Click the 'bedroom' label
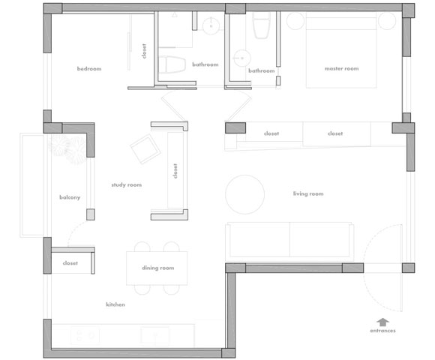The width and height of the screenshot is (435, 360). [x=89, y=68]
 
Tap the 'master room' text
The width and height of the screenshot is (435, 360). [x=341, y=68]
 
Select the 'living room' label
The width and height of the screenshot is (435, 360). [x=308, y=193]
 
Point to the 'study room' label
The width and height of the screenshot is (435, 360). [x=127, y=184]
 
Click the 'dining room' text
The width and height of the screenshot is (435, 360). [x=157, y=268]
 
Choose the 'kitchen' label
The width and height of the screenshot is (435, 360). [x=115, y=304]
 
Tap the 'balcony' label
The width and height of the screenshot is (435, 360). [x=70, y=197]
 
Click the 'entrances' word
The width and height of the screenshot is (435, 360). [x=382, y=331]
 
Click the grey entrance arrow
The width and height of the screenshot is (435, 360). [x=382, y=322]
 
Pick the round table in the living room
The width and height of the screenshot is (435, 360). [x=244, y=194]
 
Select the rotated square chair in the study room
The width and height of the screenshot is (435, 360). [x=145, y=149]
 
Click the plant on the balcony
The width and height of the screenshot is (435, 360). [x=67, y=149]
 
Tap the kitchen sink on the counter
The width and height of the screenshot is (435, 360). [x=154, y=335]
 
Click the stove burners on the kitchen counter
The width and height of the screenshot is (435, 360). [x=85, y=335]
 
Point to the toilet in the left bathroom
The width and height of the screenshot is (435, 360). [x=172, y=64]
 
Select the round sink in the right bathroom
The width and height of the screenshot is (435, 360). [x=242, y=58]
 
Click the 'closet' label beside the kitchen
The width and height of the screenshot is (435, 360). [x=70, y=263]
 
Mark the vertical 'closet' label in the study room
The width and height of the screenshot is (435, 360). [x=175, y=171]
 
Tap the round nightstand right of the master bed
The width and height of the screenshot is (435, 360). [x=387, y=21]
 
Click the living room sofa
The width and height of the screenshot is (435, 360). [x=289, y=241]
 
